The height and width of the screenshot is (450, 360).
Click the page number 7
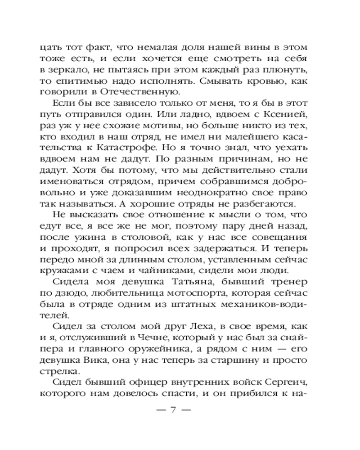coord(173,410)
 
